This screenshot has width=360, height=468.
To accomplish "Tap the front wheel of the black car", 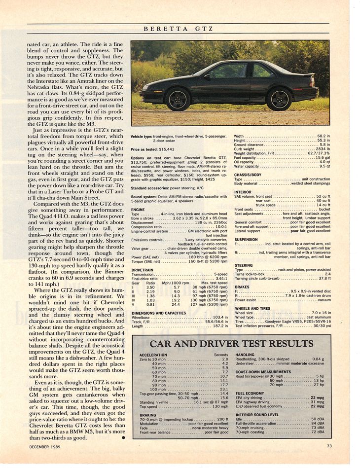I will (x=178, y=99).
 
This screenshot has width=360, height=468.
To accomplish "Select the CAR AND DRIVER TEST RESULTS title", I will (x=231, y=343).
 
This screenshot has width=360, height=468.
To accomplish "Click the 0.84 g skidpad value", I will (x=319, y=359).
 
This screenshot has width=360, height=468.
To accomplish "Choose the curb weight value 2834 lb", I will (x=322, y=148).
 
